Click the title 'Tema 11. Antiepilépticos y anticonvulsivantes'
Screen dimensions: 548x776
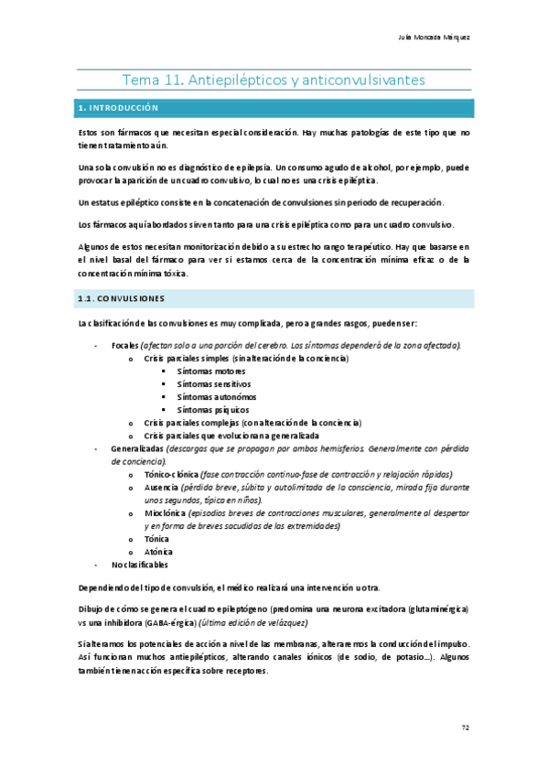(x=274, y=81)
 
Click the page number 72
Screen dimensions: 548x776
(x=465, y=727)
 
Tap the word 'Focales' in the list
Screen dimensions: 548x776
(x=124, y=345)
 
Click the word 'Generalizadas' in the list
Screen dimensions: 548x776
(x=137, y=449)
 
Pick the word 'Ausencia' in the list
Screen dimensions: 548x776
(x=161, y=489)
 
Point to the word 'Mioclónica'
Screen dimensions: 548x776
(x=164, y=514)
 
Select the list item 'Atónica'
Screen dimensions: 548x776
(x=157, y=552)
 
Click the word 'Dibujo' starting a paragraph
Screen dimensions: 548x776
(x=93, y=609)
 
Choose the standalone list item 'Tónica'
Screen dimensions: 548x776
(x=156, y=540)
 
